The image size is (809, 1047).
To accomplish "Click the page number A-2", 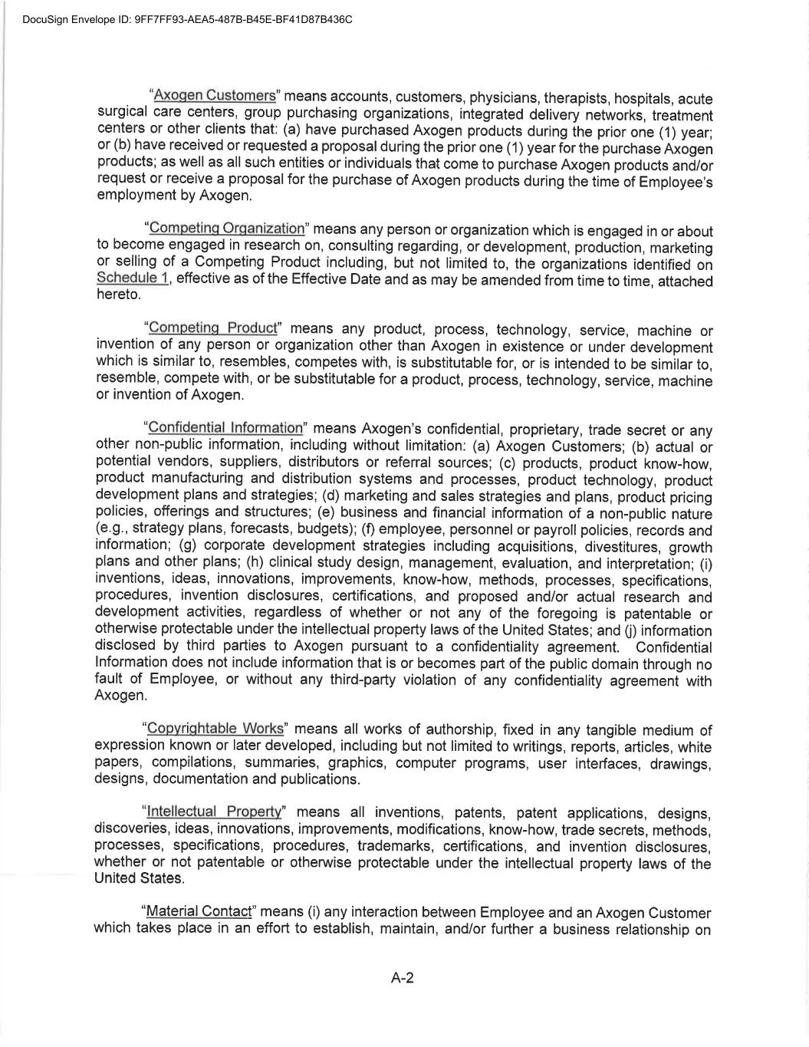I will tap(403, 978).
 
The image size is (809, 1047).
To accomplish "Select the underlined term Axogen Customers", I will tap(215, 96).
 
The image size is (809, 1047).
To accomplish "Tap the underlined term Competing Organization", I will tap(227, 228).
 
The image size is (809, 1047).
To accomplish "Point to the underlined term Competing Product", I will tap(213, 328).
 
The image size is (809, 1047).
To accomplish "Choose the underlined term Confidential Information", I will tap(225, 427).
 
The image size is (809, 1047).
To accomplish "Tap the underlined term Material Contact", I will tap(199, 911).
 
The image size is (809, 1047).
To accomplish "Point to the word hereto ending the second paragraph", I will tap(117, 295).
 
